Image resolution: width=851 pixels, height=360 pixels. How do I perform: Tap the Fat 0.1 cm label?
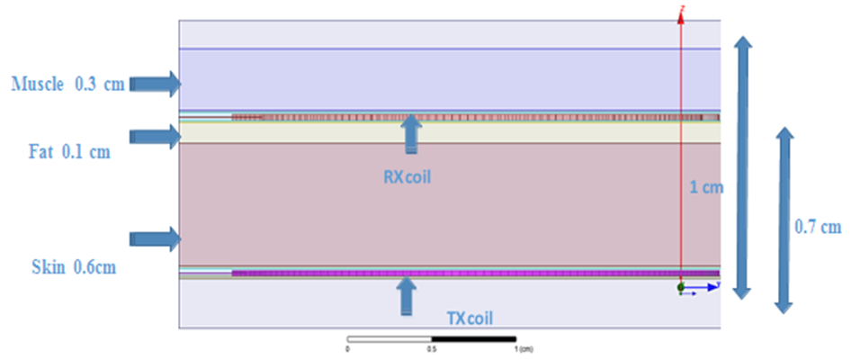click(x=61, y=152)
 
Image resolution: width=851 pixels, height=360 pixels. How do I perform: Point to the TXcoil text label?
click(x=470, y=318)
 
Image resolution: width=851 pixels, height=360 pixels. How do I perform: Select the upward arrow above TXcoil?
click(x=408, y=294)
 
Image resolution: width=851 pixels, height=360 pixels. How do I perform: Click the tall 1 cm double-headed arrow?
click(x=741, y=167)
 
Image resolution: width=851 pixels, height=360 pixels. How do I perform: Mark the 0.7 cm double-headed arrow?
click(x=785, y=220)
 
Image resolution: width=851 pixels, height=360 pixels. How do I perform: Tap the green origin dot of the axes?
click(x=681, y=287)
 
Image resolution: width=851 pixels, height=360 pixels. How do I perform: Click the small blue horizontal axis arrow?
click(x=706, y=287)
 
